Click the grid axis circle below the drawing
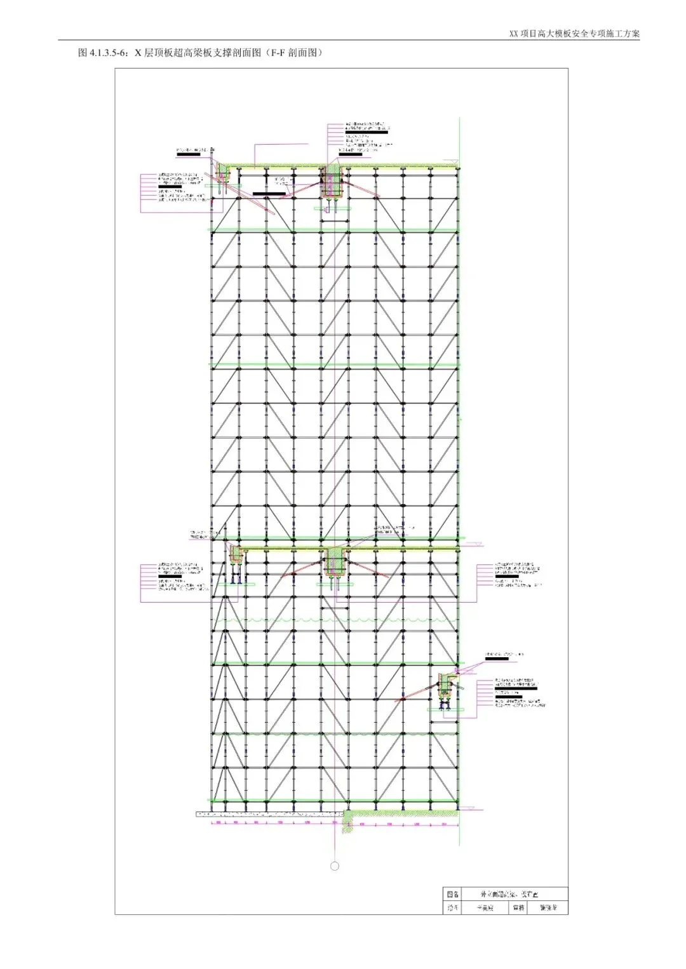(335, 865)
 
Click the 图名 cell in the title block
(451, 893)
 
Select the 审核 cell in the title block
(518, 907)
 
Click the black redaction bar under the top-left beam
(269, 193)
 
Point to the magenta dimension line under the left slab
(267, 824)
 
